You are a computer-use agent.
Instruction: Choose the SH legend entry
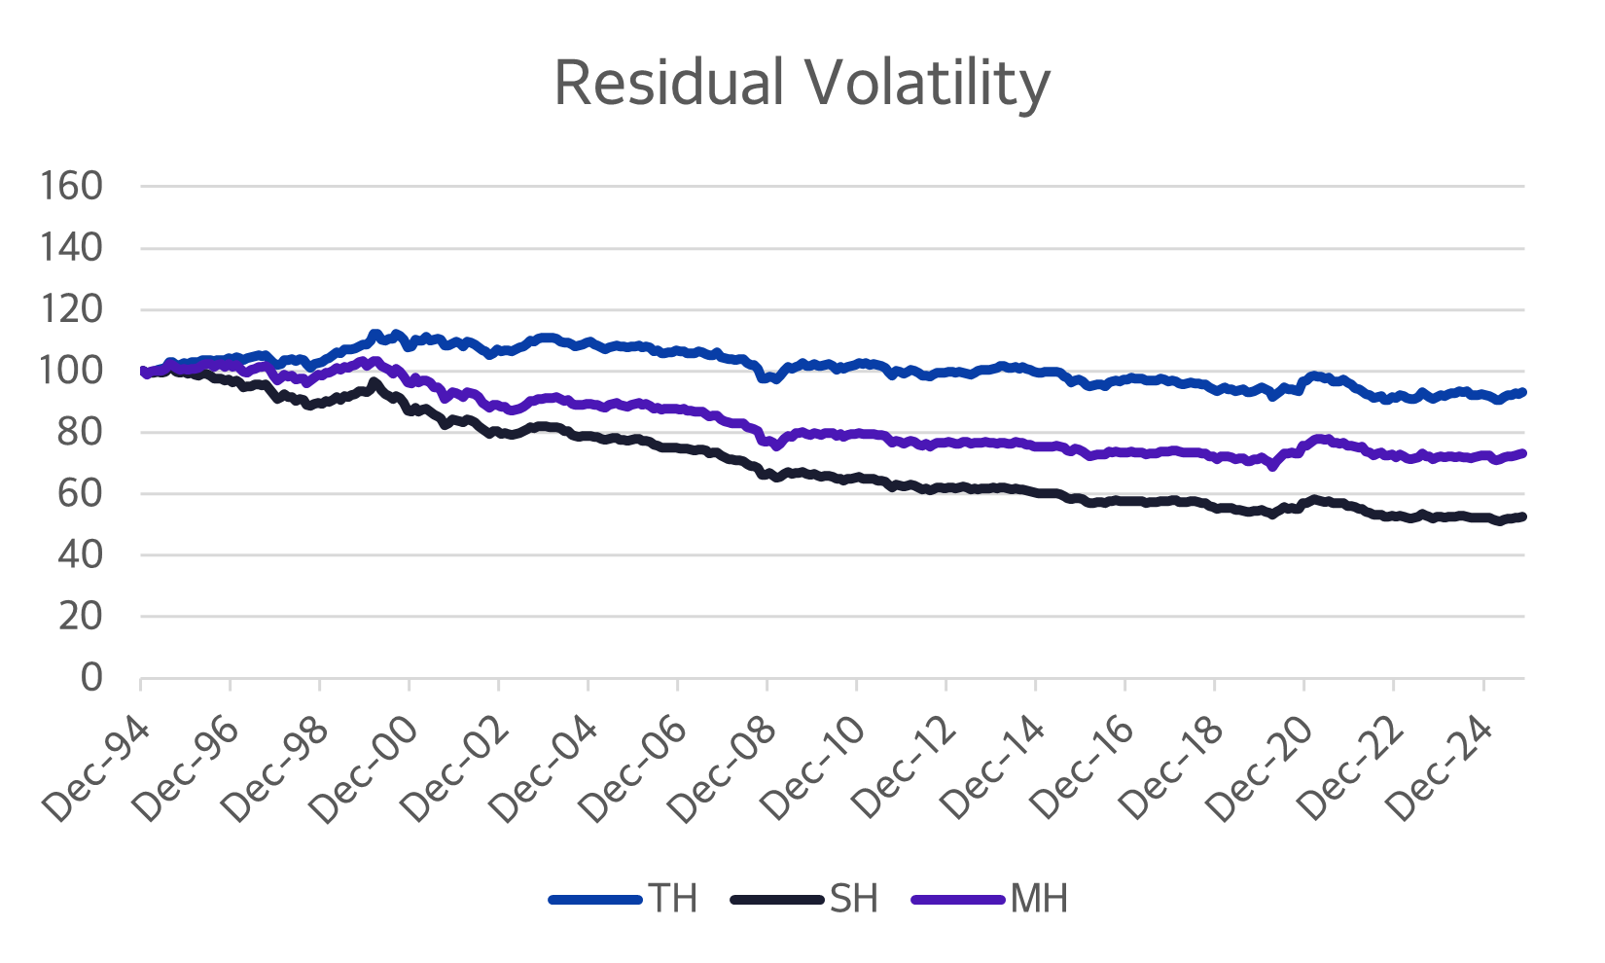pyautogui.click(x=854, y=899)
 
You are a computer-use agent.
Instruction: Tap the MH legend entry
pyautogui.click(x=1039, y=899)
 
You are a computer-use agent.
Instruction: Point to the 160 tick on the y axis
pyautogui.click(x=71, y=186)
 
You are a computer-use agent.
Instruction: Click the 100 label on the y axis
pyautogui.click(x=71, y=371)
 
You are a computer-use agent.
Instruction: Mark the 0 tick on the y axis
pyautogui.click(x=90, y=677)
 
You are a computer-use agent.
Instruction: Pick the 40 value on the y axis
pyautogui.click(x=80, y=554)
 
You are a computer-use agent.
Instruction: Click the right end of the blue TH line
pyautogui.click(x=1522, y=392)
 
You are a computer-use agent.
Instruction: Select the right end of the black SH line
pyautogui.click(x=1522, y=517)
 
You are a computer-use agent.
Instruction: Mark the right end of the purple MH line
pyautogui.click(x=1522, y=453)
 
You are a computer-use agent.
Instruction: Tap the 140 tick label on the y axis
pyautogui.click(x=71, y=248)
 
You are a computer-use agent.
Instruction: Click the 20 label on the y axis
pyautogui.click(x=80, y=616)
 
